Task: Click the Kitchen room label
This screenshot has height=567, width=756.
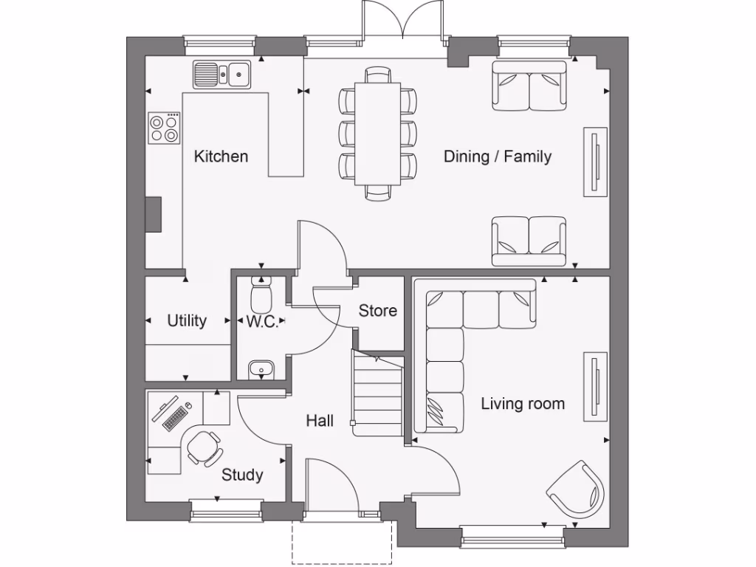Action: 221,157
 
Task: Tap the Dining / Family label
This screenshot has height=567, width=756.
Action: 497,157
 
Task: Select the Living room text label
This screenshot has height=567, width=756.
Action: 523,404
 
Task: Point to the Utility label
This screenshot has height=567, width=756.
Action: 187,321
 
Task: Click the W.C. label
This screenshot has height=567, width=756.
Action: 261,321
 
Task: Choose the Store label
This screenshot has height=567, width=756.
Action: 378,311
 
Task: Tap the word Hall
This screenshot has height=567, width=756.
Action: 320,421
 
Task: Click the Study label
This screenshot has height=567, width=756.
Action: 242,475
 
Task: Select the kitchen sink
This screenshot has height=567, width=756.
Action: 222,74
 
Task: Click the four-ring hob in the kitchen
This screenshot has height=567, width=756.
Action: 164,128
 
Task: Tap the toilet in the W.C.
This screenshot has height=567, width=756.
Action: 261,296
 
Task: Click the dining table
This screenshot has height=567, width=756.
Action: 378,133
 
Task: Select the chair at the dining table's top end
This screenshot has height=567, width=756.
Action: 378,74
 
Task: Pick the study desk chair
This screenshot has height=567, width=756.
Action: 202,446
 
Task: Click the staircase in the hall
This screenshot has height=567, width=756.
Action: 378,395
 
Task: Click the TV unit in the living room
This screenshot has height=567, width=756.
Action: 595,386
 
